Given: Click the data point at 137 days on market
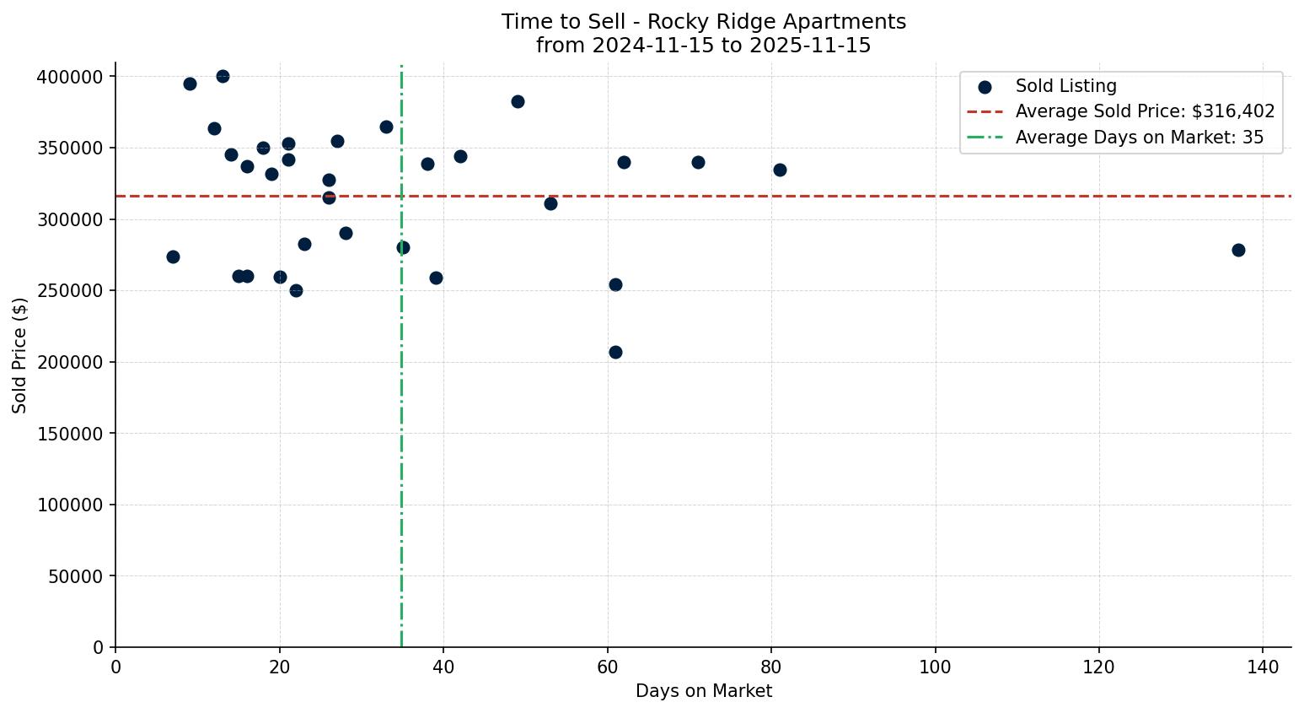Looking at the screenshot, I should (x=1238, y=250).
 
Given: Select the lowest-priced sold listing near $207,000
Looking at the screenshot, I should (x=615, y=352).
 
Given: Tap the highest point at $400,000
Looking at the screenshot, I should (x=223, y=76).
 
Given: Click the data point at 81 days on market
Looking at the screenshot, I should (x=780, y=170).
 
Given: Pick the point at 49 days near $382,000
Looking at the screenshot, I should (x=518, y=101).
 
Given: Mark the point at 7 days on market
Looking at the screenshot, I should (x=173, y=257).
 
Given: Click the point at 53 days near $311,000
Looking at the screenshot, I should (x=550, y=203).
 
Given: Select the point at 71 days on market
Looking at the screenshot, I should (x=698, y=162).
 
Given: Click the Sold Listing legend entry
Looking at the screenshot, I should (x=1065, y=86).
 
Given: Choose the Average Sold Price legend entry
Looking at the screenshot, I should (x=1145, y=111).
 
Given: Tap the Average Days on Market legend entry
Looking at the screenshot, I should (x=1139, y=138).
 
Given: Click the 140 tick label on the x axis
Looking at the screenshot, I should (x=1263, y=667).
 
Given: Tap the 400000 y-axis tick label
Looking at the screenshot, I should (x=70, y=77).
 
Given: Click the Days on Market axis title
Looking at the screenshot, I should (x=703, y=691).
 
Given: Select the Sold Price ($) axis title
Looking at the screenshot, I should (x=20, y=355).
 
